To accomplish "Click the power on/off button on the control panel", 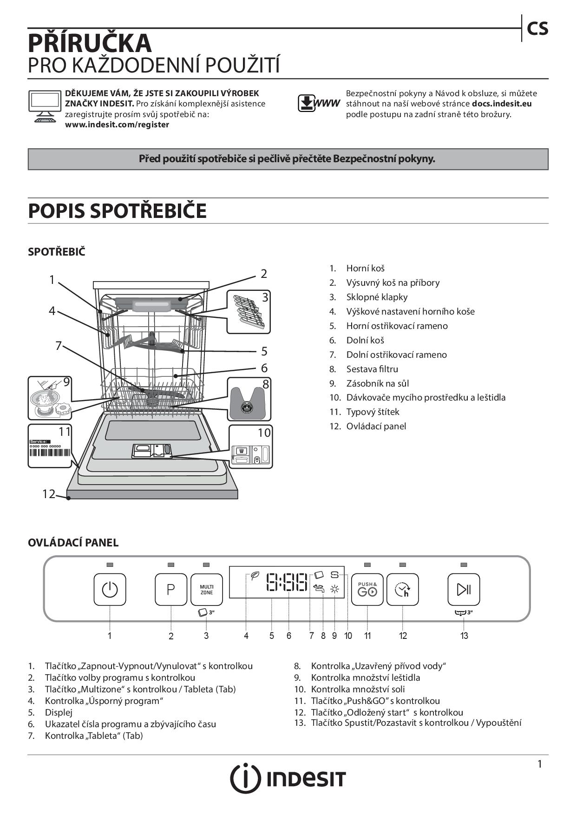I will click(110, 590).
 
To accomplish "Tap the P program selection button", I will click(170, 590).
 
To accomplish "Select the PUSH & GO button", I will click(367, 590).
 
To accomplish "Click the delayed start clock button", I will click(402, 590).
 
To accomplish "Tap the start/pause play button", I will click(464, 590).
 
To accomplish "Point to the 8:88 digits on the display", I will click(287, 582).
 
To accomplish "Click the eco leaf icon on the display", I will click(255, 576).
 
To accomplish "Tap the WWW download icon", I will click(319, 103).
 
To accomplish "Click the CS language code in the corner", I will click(537, 29).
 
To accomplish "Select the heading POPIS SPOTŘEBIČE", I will click(117, 210).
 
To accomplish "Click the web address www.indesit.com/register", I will click(117, 125).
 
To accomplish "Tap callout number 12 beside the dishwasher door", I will click(49, 493).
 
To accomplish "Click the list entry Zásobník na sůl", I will click(377, 383).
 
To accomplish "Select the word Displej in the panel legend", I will click(59, 712).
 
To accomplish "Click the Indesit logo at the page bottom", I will click(288, 778).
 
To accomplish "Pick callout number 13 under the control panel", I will click(464, 636).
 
